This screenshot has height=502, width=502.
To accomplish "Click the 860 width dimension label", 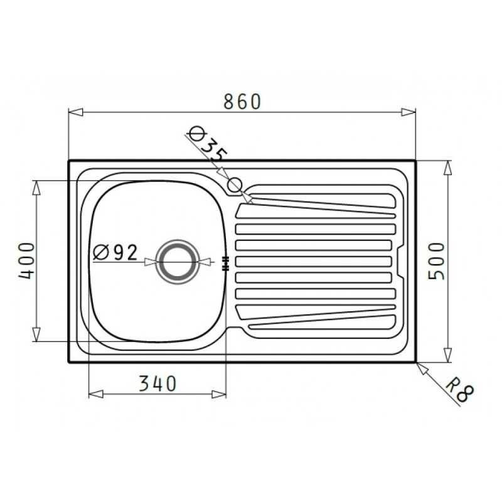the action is click(x=242, y=102).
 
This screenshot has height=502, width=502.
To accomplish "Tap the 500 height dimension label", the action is click(x=437, y=261).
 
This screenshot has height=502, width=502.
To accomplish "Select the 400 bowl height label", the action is click(x=26, y=260).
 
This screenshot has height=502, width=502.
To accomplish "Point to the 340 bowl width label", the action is click(x=158, y=383).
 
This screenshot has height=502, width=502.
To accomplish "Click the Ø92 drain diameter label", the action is click(x=115, y=252).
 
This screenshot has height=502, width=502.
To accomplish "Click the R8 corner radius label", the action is click(x=460, y=390).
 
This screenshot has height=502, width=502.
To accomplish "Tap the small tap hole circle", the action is click(x=235, y=184).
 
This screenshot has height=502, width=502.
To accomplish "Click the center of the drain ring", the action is click(x=178, y=262).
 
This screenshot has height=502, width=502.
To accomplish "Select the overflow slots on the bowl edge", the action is click(x=225, y=264).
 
